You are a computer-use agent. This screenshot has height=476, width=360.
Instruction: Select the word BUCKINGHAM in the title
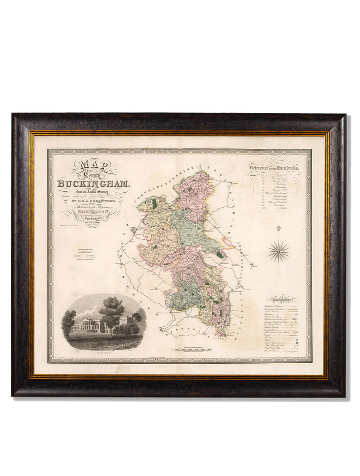coord(100,182)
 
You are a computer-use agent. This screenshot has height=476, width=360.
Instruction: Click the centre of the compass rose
coord(279,252)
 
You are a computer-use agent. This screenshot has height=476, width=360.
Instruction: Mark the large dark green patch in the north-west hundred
coord(154,204)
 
